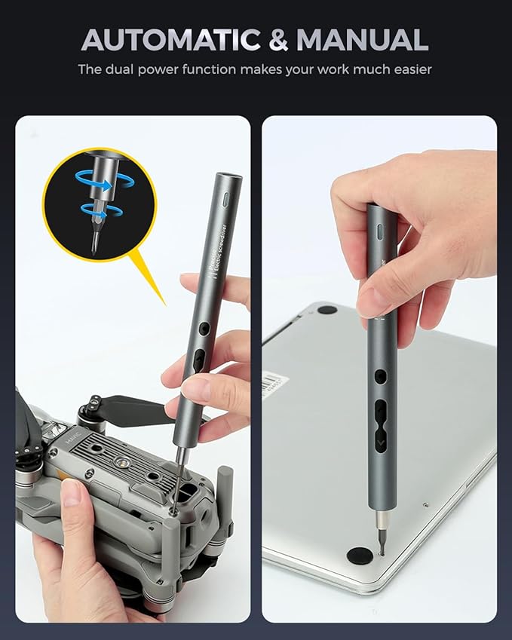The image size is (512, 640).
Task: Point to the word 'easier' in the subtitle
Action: pos(412,69)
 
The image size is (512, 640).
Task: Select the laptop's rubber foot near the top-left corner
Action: pos(327,309)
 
